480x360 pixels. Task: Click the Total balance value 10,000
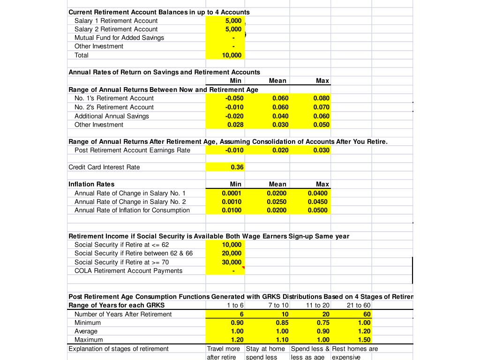click(x=232, y=55)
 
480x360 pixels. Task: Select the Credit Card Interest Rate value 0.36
click(x=237, y=167)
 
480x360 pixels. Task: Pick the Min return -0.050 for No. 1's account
click(x=234, y=98)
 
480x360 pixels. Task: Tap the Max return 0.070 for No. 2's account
click(x=321, y=107)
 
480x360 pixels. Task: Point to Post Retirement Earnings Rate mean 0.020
click(x=280, y=150)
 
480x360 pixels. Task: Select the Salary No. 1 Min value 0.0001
click(x=232, y=193)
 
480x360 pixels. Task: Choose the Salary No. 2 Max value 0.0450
click(x=318, y=202)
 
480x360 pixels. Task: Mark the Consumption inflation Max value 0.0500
click(x=318, y=210)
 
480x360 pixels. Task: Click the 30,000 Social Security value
click(x=232, y=262)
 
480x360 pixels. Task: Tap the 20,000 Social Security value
click(x=232, y=254)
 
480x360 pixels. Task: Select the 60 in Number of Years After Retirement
click(x=367, y=314)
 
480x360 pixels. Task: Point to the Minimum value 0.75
click(x=322, y=323)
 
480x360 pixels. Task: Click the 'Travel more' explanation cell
click(x=224, y=349)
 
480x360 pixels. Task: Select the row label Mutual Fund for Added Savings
click(x=119, y=38)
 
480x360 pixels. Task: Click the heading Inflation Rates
click(x=91, y=184)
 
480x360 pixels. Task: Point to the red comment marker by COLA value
click(x=243, y=268)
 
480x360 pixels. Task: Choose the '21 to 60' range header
click(x=359, y=306)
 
